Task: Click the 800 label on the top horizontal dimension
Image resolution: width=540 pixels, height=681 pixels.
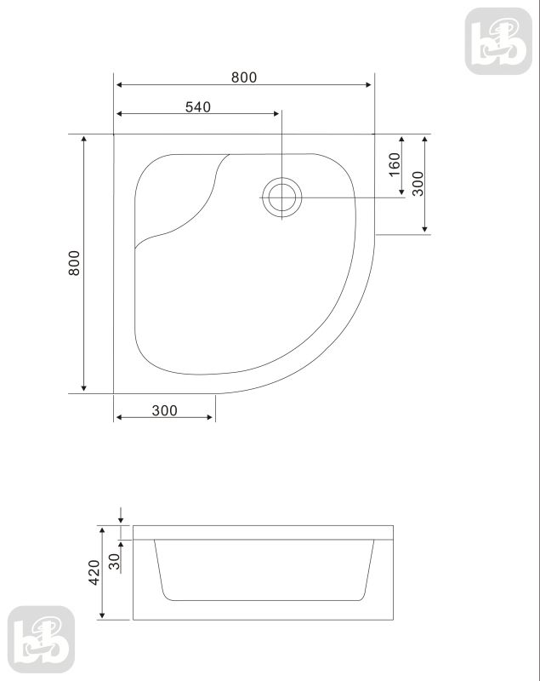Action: pos(243,77)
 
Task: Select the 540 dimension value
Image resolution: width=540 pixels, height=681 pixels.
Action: pos(197,106)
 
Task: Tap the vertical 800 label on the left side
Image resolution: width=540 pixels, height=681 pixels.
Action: pos(75,264)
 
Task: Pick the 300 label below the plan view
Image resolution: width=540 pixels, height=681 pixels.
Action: pos(164,410)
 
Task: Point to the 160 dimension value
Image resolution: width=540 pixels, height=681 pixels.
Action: pos(394,164)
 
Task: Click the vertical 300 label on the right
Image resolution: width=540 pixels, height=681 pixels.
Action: pos(418,183)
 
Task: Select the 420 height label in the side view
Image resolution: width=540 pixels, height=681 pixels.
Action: pos(94,572)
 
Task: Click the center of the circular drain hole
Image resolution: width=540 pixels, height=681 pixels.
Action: pos(280,197)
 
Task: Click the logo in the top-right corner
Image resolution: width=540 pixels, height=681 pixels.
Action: pos(498,41)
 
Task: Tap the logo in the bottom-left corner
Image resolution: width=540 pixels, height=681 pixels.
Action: pos(41,639)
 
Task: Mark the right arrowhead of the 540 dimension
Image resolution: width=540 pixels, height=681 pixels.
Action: pos(276,114)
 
